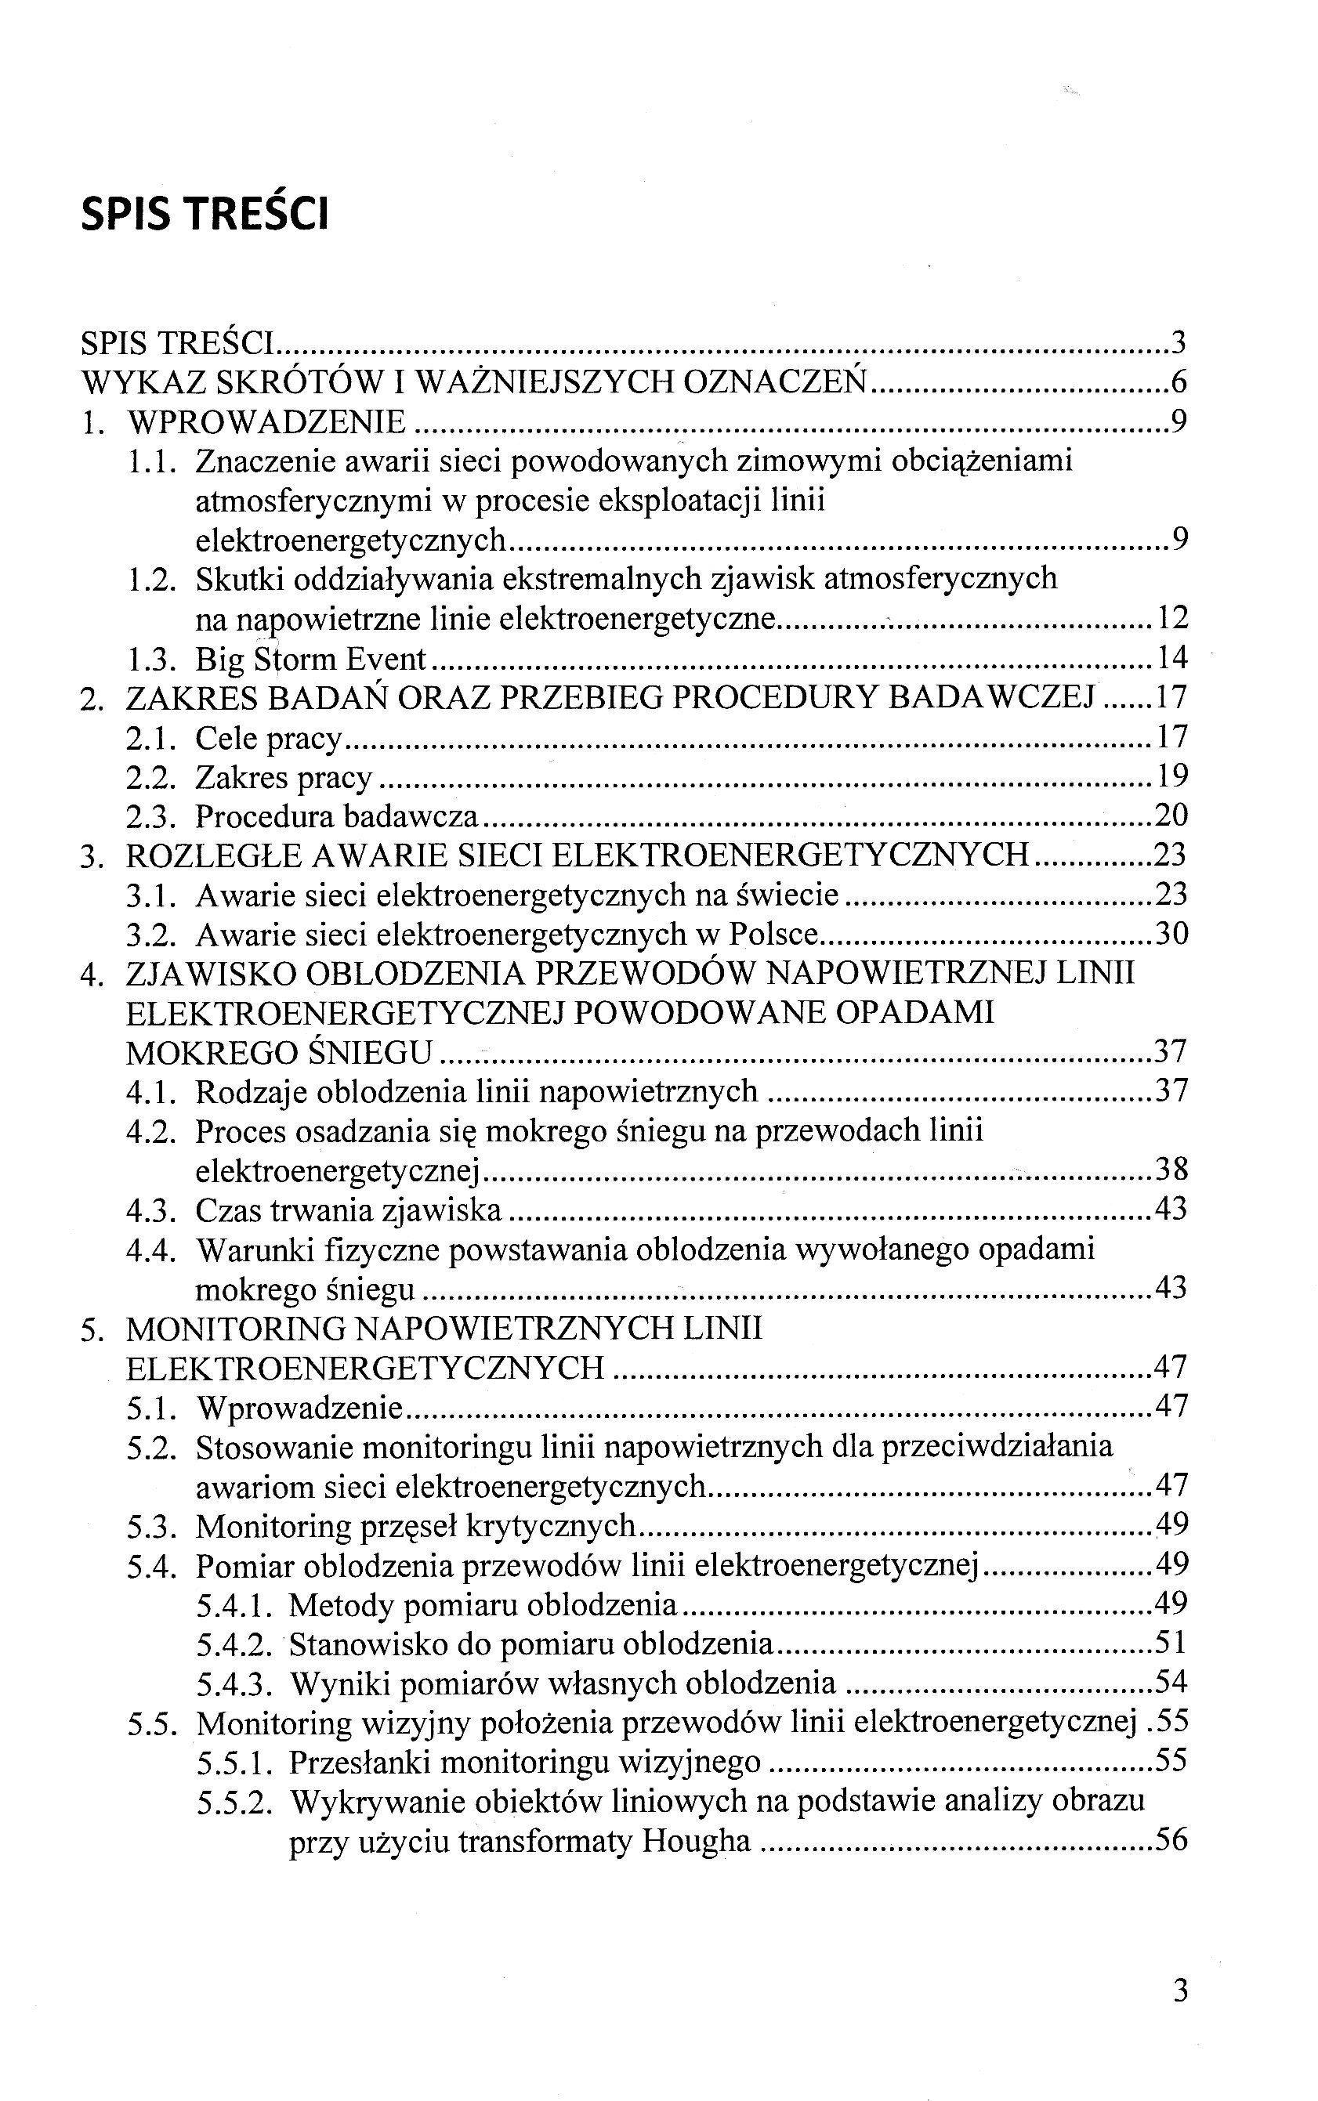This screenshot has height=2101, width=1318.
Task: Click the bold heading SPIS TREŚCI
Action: tap(205, 215)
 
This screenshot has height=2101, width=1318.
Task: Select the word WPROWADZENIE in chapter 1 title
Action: tap(266, 423)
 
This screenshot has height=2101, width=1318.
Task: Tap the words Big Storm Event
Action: tap(310, 659)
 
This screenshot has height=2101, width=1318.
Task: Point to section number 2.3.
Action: tap(152, 816)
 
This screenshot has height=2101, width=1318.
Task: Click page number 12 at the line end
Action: tap(1172, 619)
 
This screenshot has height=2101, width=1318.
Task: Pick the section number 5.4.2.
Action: tap(234, 1644)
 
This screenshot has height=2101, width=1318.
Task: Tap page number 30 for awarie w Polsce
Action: tap(1171, 934)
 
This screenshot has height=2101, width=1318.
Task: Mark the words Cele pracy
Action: tap(268, 738)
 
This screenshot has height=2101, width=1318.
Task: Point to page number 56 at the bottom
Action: tap(1171, 1839)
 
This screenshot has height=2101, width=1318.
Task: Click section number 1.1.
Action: tap(152, 461)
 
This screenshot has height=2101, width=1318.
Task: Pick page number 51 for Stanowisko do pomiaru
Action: tap(1171, 1644)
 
